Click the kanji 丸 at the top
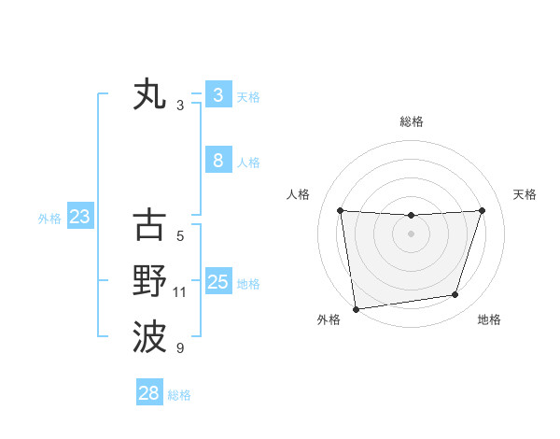149,95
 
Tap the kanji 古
149,225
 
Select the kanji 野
149,281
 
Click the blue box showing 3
217,94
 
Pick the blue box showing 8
217,161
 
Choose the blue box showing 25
217,282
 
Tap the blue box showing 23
79,218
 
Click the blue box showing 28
148,393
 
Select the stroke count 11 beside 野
180,292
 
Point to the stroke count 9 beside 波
180,348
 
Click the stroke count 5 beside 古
180,236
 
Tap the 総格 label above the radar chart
411,121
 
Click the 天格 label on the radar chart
525,194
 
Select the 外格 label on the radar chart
329,319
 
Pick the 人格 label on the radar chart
298,194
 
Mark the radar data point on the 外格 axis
356,309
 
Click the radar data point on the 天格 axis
483,210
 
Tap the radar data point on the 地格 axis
455,295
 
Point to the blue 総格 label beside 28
179,395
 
